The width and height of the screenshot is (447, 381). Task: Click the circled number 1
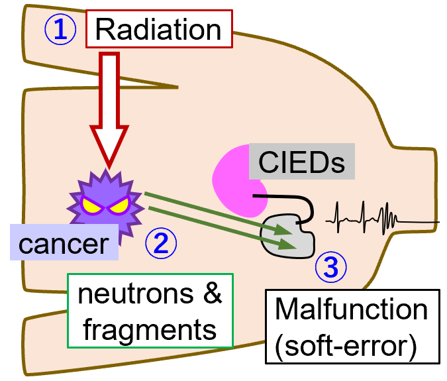(60, 29)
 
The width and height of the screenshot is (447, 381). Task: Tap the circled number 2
(161, 244)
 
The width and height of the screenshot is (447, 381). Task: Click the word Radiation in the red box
(158, 30)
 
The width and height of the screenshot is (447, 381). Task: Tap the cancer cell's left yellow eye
(91, 206)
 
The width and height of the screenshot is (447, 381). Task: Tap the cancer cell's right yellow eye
(120, 206)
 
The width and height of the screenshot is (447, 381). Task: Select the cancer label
(64, 244)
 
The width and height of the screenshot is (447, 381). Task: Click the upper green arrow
(212, 211)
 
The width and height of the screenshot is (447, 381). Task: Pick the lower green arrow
(219, 229)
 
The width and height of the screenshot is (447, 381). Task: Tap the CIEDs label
(301, 162)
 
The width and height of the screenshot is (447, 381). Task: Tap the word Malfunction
(351, 309)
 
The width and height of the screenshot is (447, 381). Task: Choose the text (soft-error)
(346, 346)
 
